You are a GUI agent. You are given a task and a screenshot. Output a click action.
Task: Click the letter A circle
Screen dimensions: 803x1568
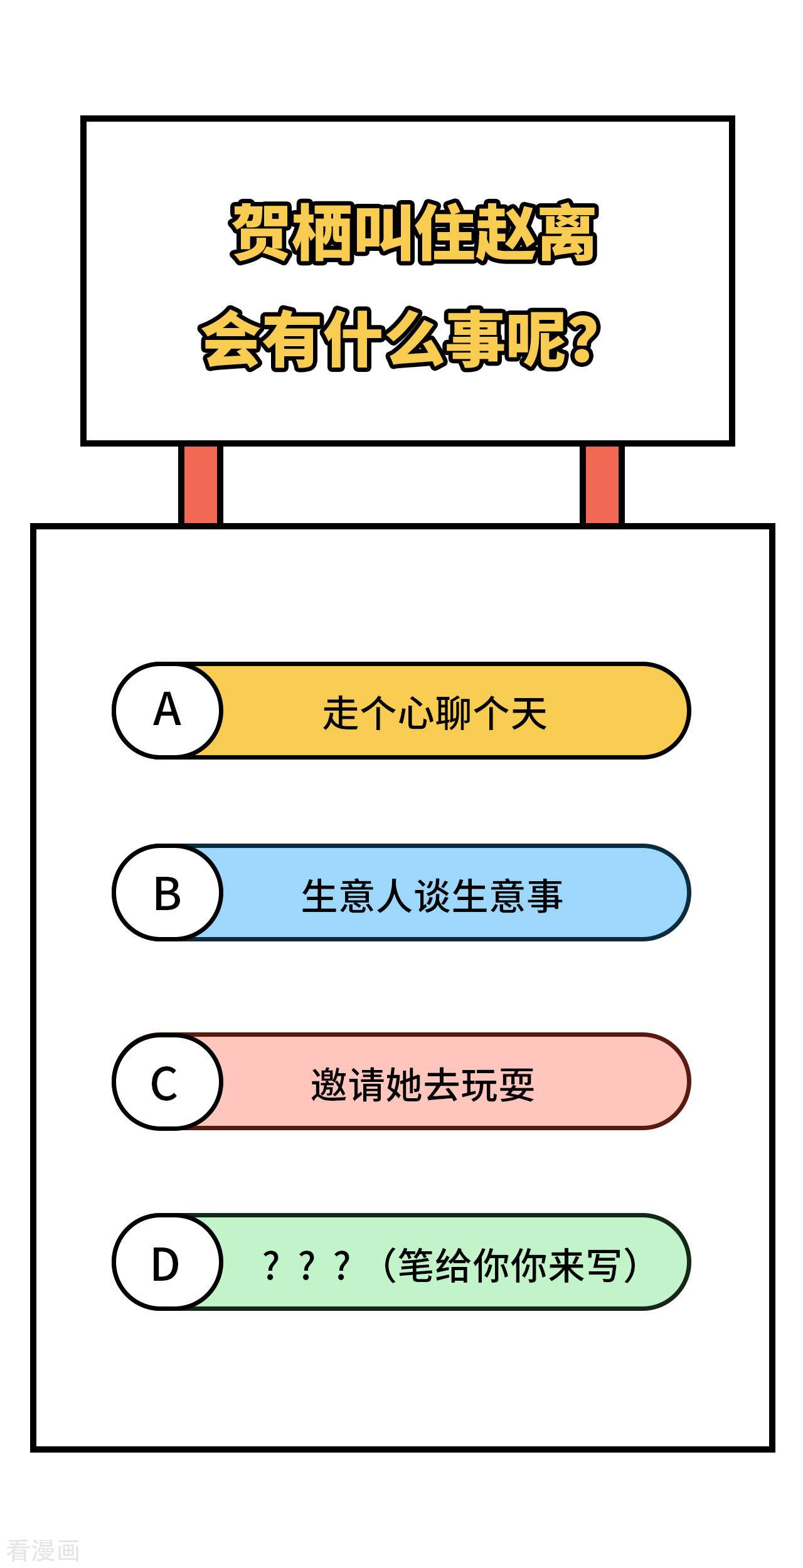tap(168, 710)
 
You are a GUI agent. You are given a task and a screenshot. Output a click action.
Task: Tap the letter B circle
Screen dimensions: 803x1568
tap(168, 893)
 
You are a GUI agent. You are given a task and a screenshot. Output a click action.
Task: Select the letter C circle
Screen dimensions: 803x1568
tap(168, 1081)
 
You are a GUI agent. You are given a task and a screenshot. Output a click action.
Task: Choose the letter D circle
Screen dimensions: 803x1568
tap(168, 1262)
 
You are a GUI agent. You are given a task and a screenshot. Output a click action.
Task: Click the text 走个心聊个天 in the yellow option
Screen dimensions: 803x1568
tap(435, 713)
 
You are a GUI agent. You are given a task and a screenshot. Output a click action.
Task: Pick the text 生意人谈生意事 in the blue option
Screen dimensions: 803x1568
tap(432, 896)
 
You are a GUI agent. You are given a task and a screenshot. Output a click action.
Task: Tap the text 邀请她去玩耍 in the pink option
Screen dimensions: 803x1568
tap(423, 1084)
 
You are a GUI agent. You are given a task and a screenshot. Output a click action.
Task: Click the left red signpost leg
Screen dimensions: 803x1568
tap(201, 484)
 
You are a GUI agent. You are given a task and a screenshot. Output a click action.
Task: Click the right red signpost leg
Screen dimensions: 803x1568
tap(602, 484)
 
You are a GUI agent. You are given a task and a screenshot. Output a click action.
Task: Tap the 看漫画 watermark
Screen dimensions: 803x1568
tap(43, 1551)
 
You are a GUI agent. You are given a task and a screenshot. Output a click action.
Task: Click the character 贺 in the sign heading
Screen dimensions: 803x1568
tap(260, 233)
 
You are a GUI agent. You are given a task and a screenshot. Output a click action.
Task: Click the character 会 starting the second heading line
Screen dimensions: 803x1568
tap(230, 339)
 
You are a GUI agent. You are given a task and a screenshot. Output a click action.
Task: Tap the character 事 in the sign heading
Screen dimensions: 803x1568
tap(476, 339)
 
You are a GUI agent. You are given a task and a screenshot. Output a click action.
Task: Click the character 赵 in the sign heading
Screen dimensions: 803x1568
tap(506, 233)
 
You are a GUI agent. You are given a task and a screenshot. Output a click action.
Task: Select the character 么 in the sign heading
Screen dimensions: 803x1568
tap(415, 339)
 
